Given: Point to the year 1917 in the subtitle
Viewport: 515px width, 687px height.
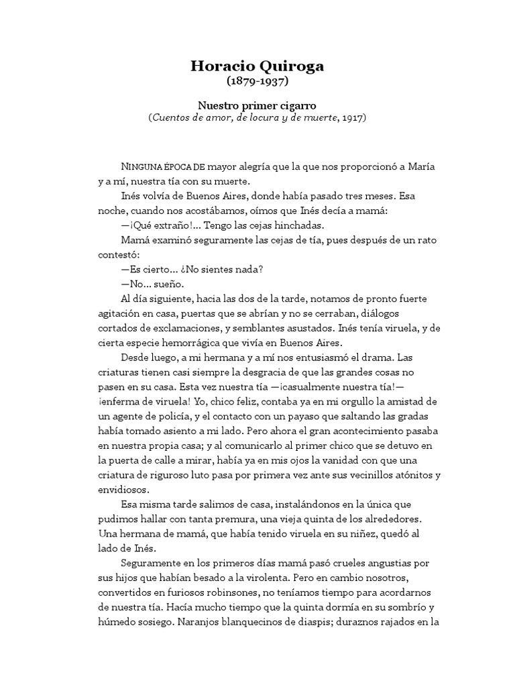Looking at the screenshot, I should (354, 117).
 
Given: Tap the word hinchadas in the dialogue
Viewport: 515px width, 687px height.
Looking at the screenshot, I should (294, 225).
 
